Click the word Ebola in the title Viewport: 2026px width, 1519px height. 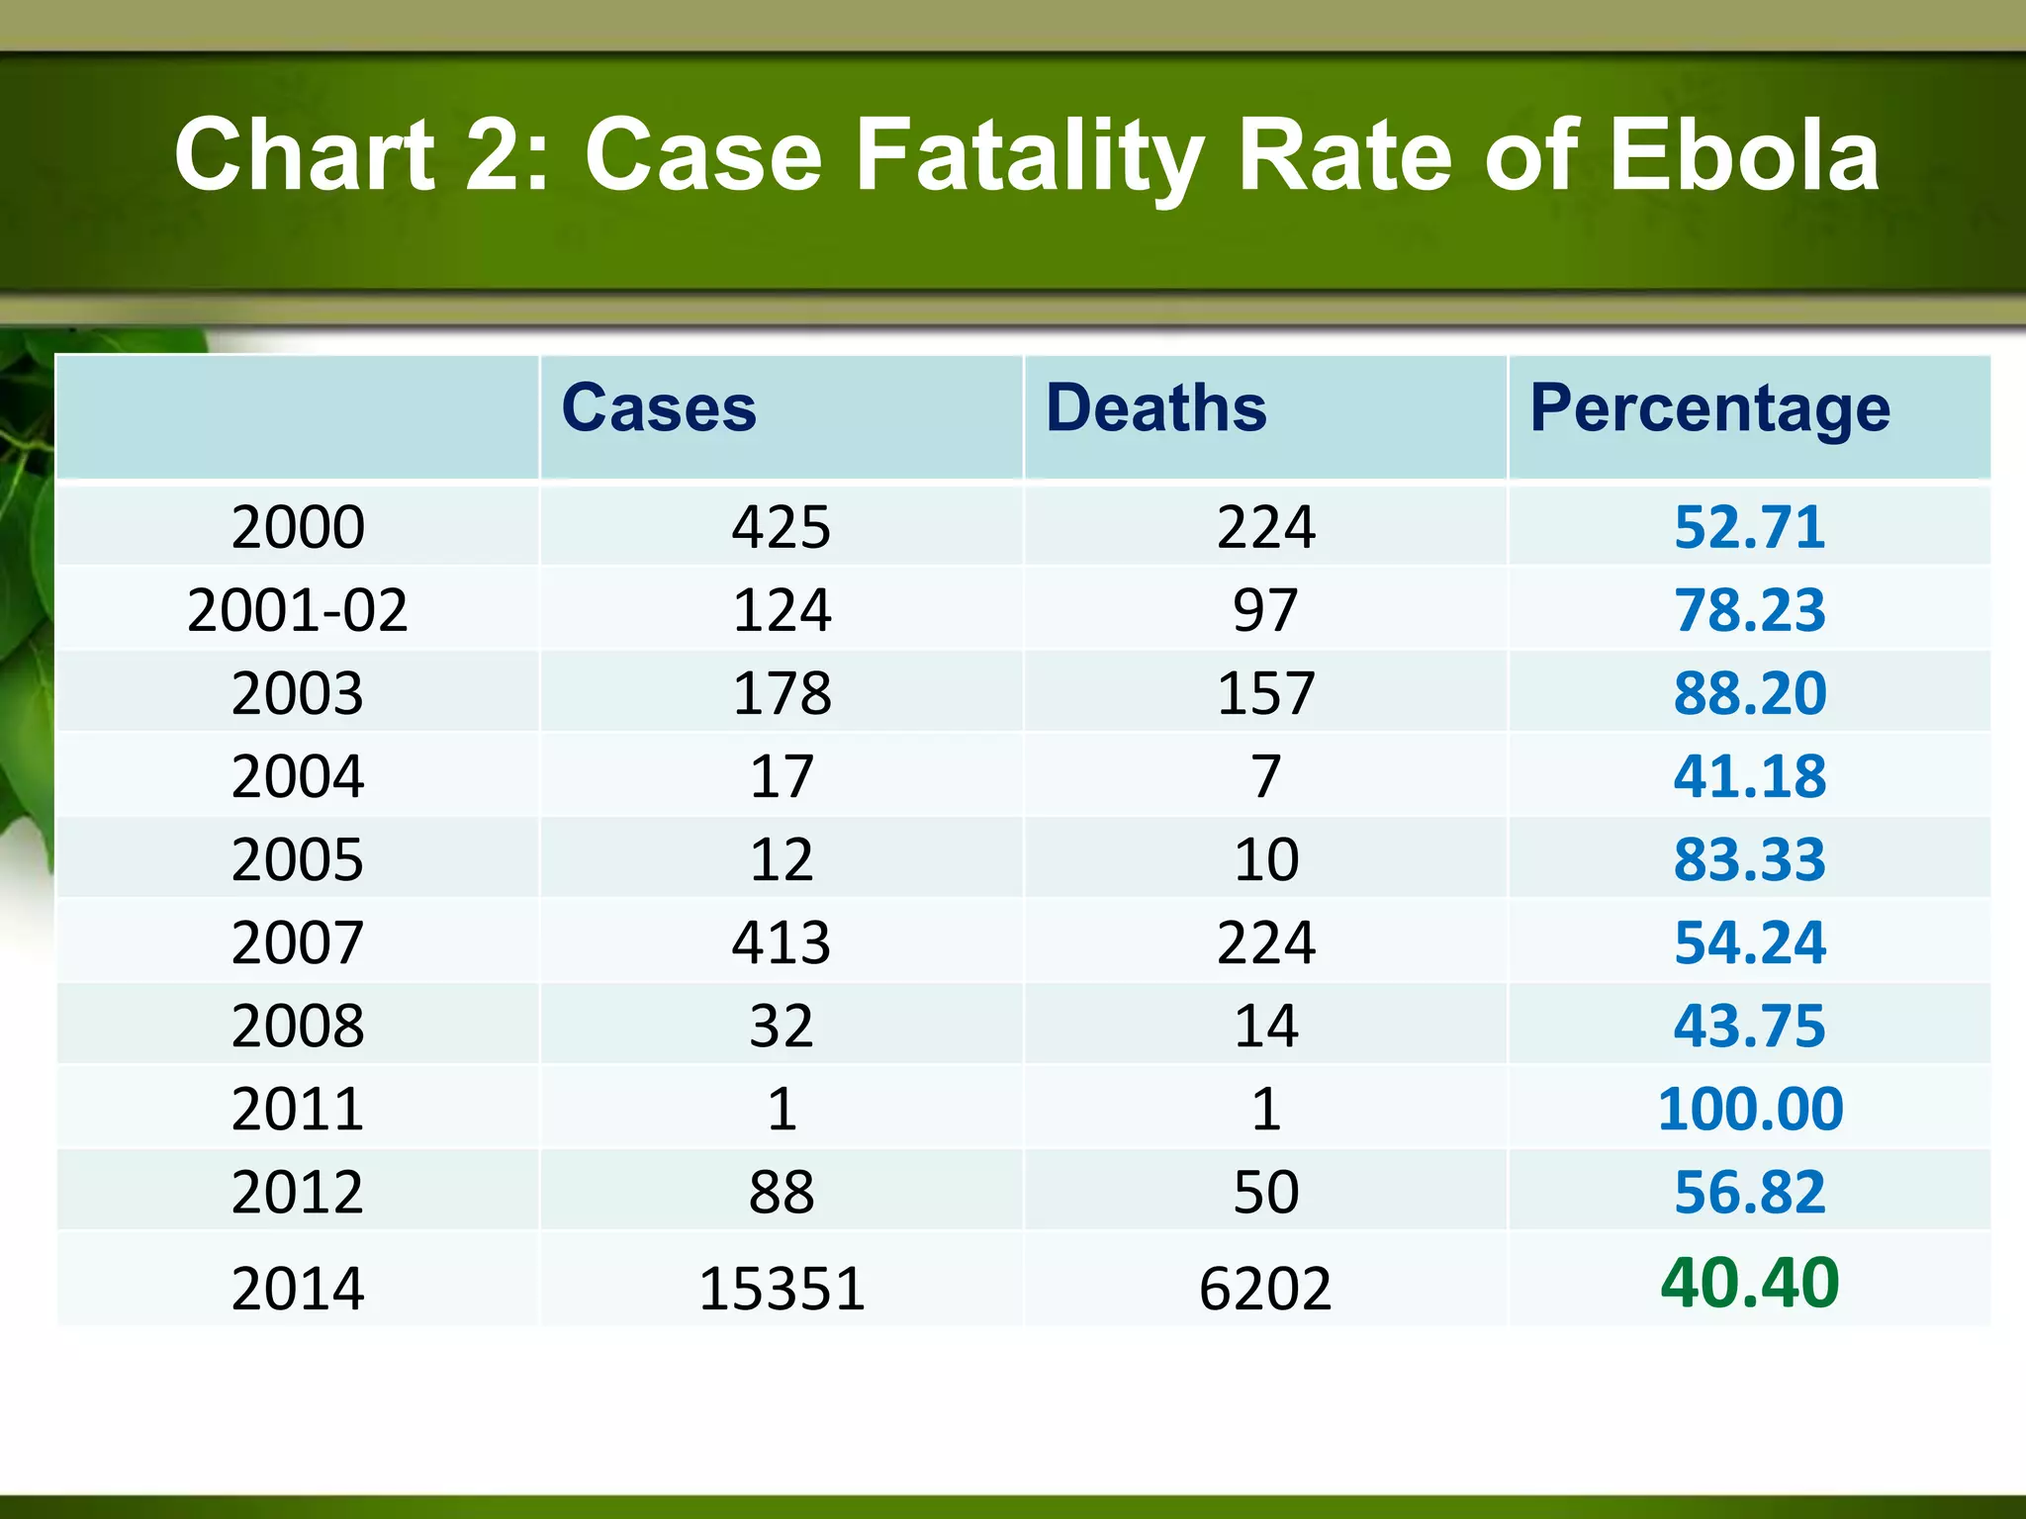coord(1743,155)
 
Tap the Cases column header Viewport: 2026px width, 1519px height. coord(658,407)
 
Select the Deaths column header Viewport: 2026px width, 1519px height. coord(1155,407)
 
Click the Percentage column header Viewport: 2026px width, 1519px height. coord(1709,409)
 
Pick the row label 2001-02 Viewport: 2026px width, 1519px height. coord(297,609)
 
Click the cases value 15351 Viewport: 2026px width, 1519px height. coord(782,1288)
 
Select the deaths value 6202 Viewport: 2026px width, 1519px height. coord(1265,1288)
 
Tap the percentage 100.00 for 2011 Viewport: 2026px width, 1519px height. coord(1749,1108)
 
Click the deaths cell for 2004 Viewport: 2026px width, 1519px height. coord(1265,775)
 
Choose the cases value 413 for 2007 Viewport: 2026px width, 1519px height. coord(782,941)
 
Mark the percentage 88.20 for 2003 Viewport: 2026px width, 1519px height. coord(1749,692)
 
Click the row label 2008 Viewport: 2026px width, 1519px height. coord(297,1025)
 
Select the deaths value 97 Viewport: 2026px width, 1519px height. coord(1265,609)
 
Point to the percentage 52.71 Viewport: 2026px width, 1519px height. coord(1749,526)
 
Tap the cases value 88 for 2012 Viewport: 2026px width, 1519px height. coord(782,1191)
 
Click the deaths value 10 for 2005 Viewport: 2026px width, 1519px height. coord(1265,858)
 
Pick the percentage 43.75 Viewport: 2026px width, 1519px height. coord(1749,1025)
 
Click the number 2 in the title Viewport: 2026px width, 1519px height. coord(492,155)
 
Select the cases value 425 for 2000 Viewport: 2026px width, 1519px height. coord(782,526)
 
